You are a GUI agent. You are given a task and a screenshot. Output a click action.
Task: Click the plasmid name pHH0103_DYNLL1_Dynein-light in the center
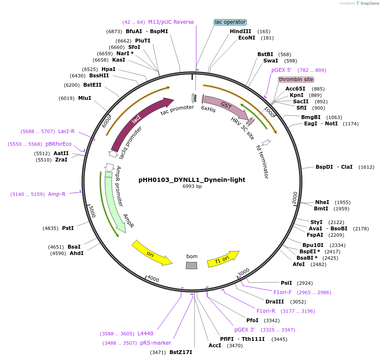[x=192, y=180]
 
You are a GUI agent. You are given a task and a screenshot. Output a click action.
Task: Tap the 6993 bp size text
[x=192, y=186]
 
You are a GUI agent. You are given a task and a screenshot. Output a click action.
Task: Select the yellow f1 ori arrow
[x=223, y=259]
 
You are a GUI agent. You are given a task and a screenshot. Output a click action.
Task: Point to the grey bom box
[x=192, y=265]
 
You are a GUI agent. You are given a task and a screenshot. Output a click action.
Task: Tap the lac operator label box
[x=230, y=22]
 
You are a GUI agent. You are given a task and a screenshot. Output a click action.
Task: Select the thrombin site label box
[x=296, y=79]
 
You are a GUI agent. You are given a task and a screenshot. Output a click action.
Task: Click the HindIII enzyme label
[x=240, y=31]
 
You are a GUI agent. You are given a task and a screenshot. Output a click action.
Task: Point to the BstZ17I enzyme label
[x=181, y=352]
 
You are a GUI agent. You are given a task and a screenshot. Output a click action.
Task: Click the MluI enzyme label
[x=85, y=98]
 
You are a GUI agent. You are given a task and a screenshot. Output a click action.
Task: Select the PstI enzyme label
[x=68, y=228]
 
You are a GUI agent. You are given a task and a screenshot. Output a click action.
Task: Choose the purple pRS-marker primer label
[x=155, y=343]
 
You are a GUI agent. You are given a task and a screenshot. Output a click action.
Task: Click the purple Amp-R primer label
[x=56, y=194]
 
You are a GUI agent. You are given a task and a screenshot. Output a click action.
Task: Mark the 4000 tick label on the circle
[x=153, y=279]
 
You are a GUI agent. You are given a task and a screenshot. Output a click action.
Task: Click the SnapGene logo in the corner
[x=366, y=3]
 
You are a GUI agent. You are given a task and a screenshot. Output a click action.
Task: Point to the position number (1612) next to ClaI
[x=367, y=167]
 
